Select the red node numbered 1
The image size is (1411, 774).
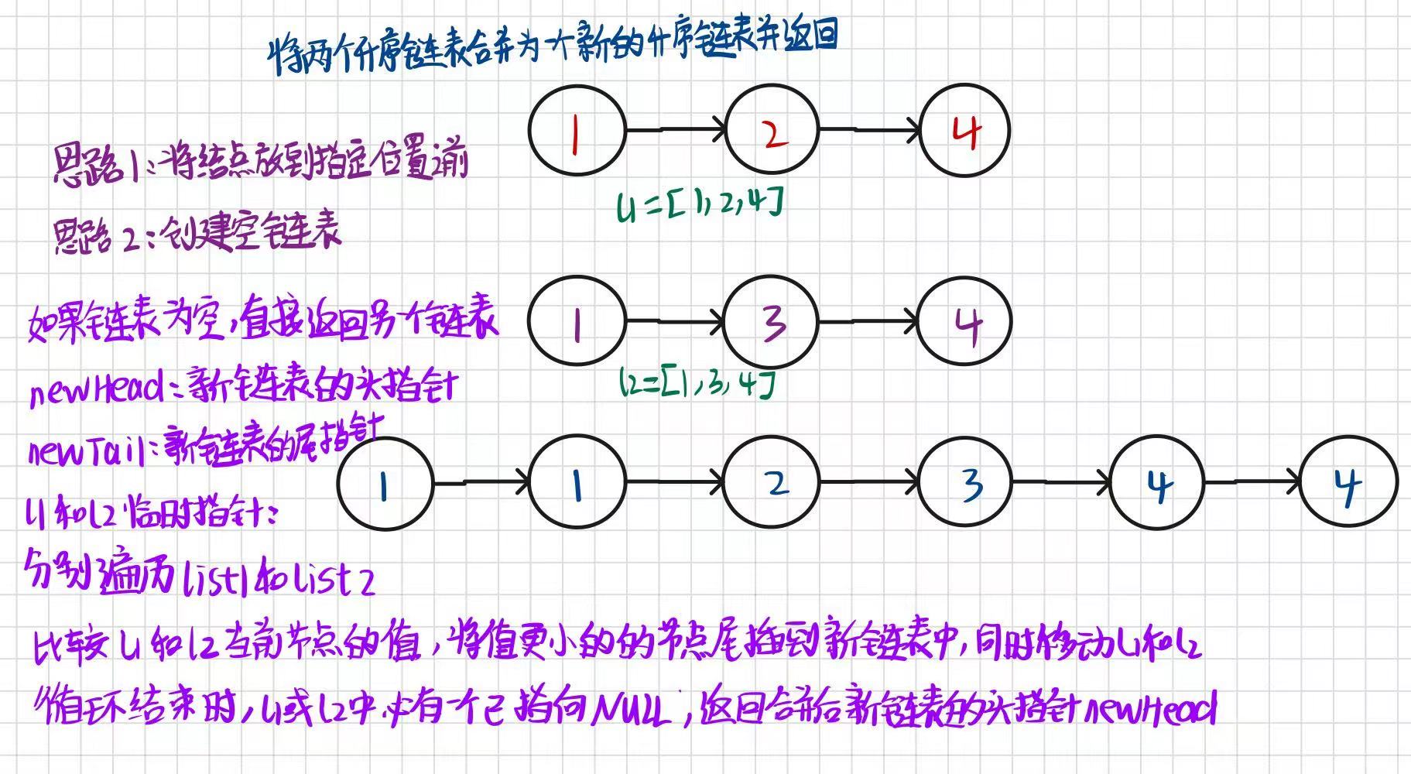577,130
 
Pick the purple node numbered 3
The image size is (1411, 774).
771,321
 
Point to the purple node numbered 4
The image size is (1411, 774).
965,322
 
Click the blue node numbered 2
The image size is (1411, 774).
772,483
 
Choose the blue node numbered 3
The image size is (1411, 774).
965,483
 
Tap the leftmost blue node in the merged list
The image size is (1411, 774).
385,484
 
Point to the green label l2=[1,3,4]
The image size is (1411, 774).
697,382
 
